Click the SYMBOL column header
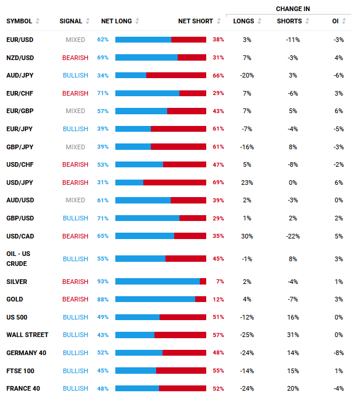(x=19, y=21)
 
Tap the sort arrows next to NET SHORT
(x=218, y=21)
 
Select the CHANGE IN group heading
(x=293, y=9)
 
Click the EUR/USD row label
(x=20, y=40)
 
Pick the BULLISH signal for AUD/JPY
(x=75, y=76)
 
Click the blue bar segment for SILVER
(x=157, y=282)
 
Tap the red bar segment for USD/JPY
(x=175, y=183)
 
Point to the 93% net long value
(x=103, y=282)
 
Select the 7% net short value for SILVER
(x=220, y=282)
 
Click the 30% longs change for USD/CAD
(x=247, y=236)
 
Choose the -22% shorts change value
(x=293, y=236)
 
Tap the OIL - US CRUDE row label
(x=18, y=259)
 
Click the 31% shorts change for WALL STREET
(x=293, y=335)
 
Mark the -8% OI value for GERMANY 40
(x=338, y=353)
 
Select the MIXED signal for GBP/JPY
(x=75, y=147)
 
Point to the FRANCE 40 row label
(x=23, y=388)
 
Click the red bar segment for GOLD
(x=200, y=299)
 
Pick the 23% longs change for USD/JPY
(x=247, y=183)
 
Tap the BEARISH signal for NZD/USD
(x=75, y=58)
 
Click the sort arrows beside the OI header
(x=344, y=21)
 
